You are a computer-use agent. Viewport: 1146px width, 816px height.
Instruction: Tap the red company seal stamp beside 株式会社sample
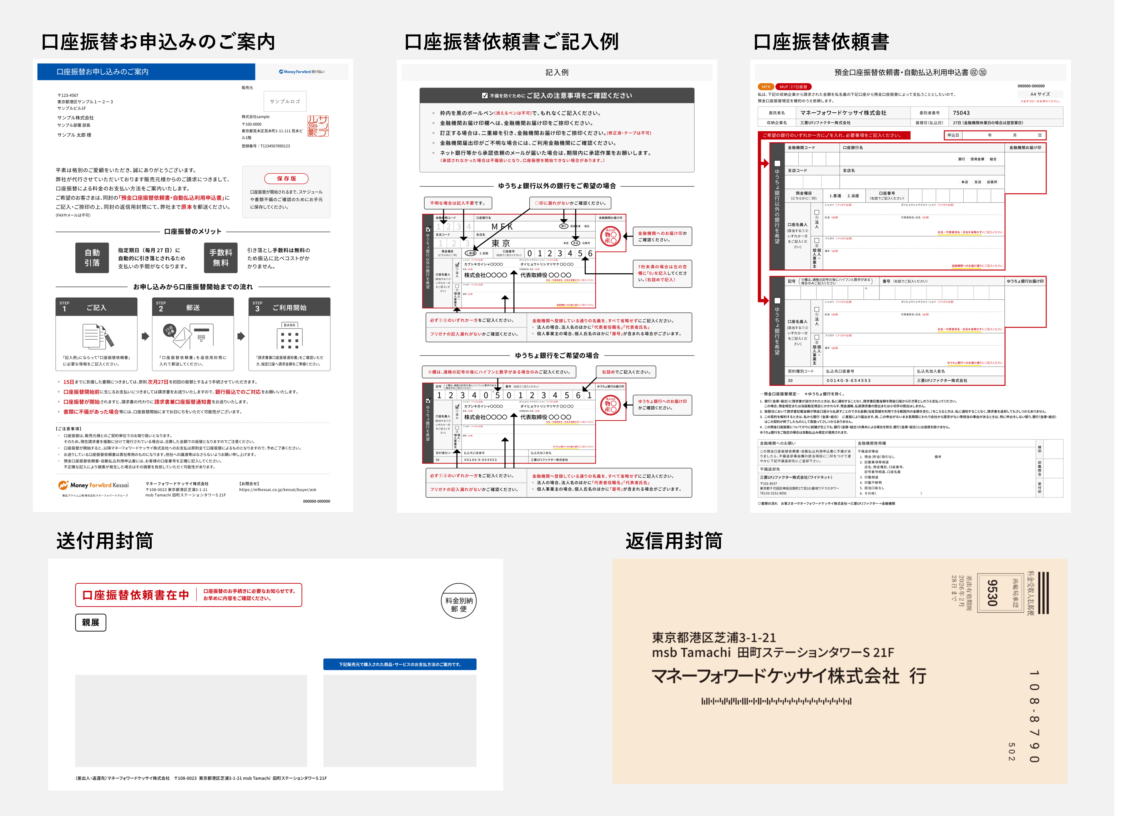coord(318,126)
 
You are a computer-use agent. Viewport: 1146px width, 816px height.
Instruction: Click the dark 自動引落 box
coord(92,258)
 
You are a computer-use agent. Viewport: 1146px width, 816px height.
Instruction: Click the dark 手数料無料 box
coord(221,258)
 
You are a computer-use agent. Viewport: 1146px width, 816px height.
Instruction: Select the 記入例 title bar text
coord(557,72)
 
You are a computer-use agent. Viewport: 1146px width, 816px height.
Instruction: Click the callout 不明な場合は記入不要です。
coord(458,203)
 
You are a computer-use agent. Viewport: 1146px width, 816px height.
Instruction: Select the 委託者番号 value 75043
coord(961,113)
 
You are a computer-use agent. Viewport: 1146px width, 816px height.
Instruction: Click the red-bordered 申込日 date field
coord(995,135)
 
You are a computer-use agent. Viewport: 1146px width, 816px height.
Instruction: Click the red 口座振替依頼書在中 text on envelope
coord(136,595)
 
